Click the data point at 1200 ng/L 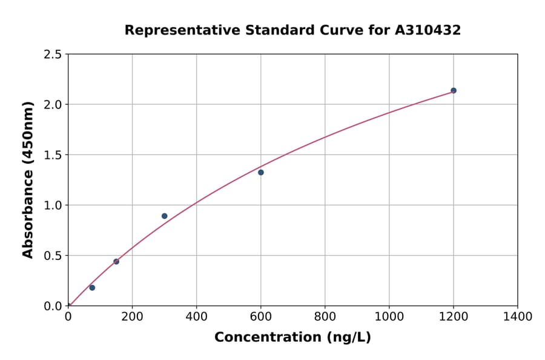(454, 90)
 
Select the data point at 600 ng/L (261, 172)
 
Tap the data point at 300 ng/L (165, 216)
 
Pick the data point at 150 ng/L (116, 261)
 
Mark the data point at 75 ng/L (92, 287)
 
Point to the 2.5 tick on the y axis (53, 55)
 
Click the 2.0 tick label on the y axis (53, 105)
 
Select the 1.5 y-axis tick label (53, 155)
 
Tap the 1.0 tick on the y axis (53, 205)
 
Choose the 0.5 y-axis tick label (53, 256)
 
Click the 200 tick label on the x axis (132, 316)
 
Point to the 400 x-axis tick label (196, 316)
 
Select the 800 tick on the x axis (325, 316)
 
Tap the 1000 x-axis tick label (389, 316)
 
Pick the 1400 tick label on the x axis (517, 316)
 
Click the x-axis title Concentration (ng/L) (292, 337)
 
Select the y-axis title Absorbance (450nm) (28, 180)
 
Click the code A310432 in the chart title (428, 30)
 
